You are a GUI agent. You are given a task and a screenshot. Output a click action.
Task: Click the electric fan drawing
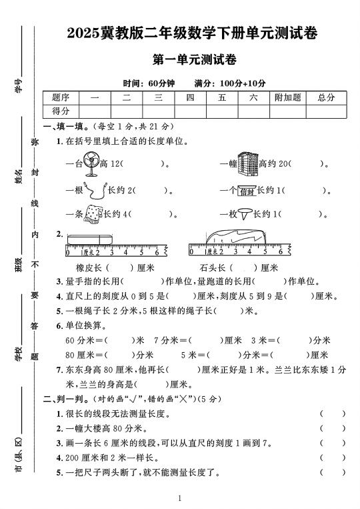coord(92,163)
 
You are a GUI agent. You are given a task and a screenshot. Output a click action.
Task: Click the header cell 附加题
coord(288,97)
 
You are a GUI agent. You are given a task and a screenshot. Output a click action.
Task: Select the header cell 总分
coord(326,97)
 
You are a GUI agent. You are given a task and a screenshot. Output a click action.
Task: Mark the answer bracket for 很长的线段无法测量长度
coord(333,414)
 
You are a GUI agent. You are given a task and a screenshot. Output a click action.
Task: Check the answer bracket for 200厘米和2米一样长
coord(333,458)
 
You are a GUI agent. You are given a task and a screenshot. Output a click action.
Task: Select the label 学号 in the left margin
coord(18,85)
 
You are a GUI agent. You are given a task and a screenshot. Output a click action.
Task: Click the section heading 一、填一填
coord(63,126)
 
